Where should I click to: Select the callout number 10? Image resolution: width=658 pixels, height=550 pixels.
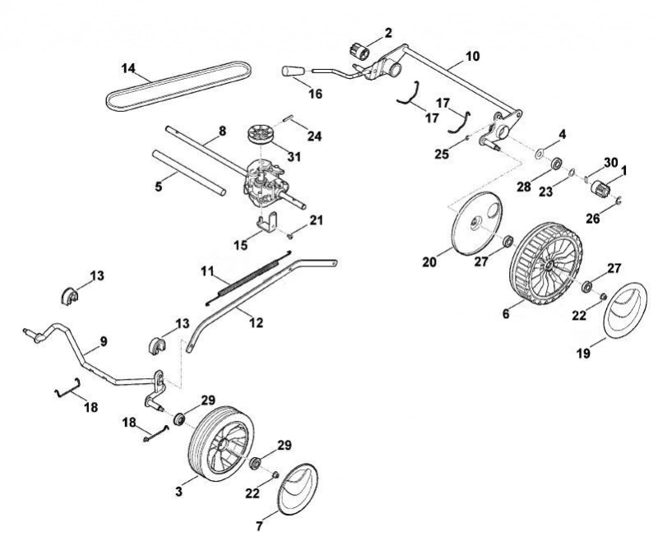pyautogui.click(x=472, y=56)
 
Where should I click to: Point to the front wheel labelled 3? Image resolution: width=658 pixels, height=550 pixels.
pyautogui.click(x=221, y=444)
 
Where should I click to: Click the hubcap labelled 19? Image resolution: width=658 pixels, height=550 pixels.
pyautogui.click(x=625, y=309)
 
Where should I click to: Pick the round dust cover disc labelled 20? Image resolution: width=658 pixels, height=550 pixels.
pyautogui.click(x=478, y=223)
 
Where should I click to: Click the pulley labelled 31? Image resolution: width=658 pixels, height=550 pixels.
pyautogui.click(x=261, y=135)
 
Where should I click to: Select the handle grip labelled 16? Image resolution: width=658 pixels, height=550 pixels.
pyautogui.click(x=294, y=71)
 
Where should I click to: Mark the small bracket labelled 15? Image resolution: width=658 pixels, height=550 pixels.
pyautogui.click(x=267, y=221)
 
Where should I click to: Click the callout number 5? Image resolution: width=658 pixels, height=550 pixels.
pyautogui.click(x=158, y=187)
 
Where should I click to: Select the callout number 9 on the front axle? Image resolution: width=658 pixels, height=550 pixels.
pyautogui.click(x=104, y=341)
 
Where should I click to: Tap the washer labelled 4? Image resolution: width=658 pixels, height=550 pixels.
pyautogui.click(x=540, y=153)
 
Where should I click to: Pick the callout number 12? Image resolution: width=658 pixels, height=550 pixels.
pyautogui.click(x=256, y=322)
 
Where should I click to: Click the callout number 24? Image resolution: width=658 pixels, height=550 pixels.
pyautogui.click(x=314, y=136)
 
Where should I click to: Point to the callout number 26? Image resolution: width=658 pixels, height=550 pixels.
pyautogui.click(x=592, y=219)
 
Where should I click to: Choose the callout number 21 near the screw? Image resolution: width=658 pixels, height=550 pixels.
pyautogui.click(x=316, y=220)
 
